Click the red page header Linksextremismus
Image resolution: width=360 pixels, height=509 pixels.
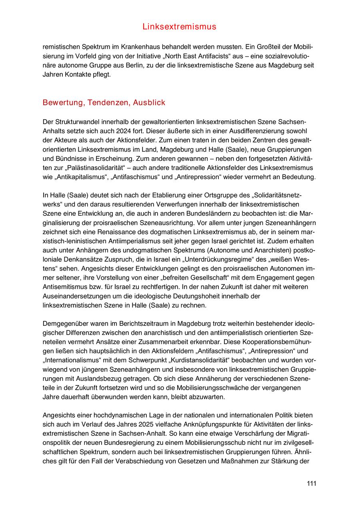click(x=179, y=27)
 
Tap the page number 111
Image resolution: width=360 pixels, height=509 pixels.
click(x=312, y=483)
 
